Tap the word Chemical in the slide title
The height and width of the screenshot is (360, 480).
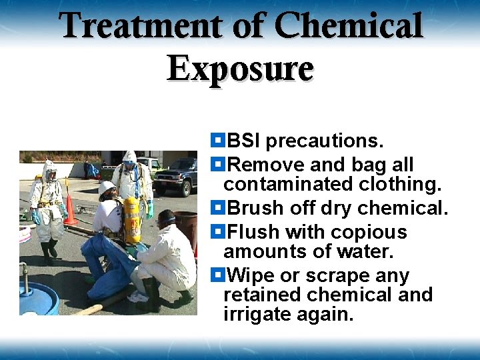(349, 27)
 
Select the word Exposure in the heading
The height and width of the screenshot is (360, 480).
(240, 68)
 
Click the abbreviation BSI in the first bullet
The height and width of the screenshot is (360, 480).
(244, 141)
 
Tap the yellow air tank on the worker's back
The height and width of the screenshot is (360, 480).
(133, 221)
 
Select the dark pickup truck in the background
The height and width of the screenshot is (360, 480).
(178, 175)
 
